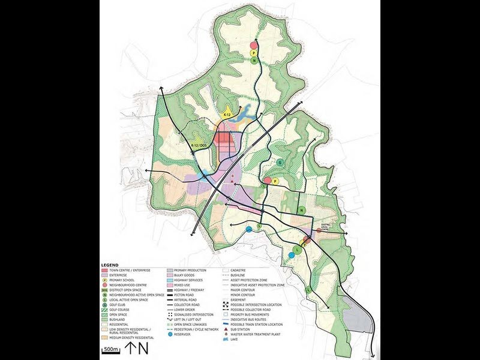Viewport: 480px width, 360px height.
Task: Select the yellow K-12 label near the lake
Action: point(227,114)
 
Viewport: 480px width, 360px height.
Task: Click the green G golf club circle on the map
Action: point(280,163)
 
